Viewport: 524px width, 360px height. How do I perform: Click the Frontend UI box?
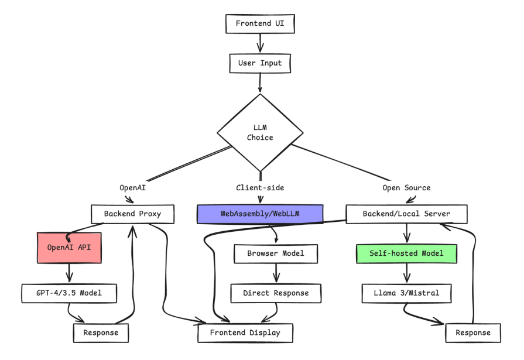click(260, 24)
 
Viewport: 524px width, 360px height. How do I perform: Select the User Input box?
click(260, 63)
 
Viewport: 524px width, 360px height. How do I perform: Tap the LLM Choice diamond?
click(260, 133)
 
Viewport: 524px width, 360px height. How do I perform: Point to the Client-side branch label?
click(259, 188)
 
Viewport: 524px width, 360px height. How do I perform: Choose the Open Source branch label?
click(406, 188)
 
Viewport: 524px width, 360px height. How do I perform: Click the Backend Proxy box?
click(133, 214)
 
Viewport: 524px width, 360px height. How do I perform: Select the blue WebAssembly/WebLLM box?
click(260, 214)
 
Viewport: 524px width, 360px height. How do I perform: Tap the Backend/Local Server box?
click(406, 214)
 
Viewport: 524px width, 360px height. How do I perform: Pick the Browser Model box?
click(276, 254)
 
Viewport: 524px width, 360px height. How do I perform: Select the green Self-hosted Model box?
click(406, 254)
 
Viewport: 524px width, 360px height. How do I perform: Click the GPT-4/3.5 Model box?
click(70, 293)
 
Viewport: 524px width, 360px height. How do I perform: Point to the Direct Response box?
click(276, 293)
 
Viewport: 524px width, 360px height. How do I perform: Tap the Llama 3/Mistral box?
click(406, 293)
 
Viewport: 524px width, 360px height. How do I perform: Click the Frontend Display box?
click(245, 332)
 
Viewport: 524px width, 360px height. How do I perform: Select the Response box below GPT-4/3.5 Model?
click(100, 332)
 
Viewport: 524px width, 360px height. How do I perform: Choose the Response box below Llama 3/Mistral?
click(472, 332)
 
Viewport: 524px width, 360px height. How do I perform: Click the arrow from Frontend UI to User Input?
click(260, 43)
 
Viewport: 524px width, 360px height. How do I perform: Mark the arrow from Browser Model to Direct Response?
click(276, 273)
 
